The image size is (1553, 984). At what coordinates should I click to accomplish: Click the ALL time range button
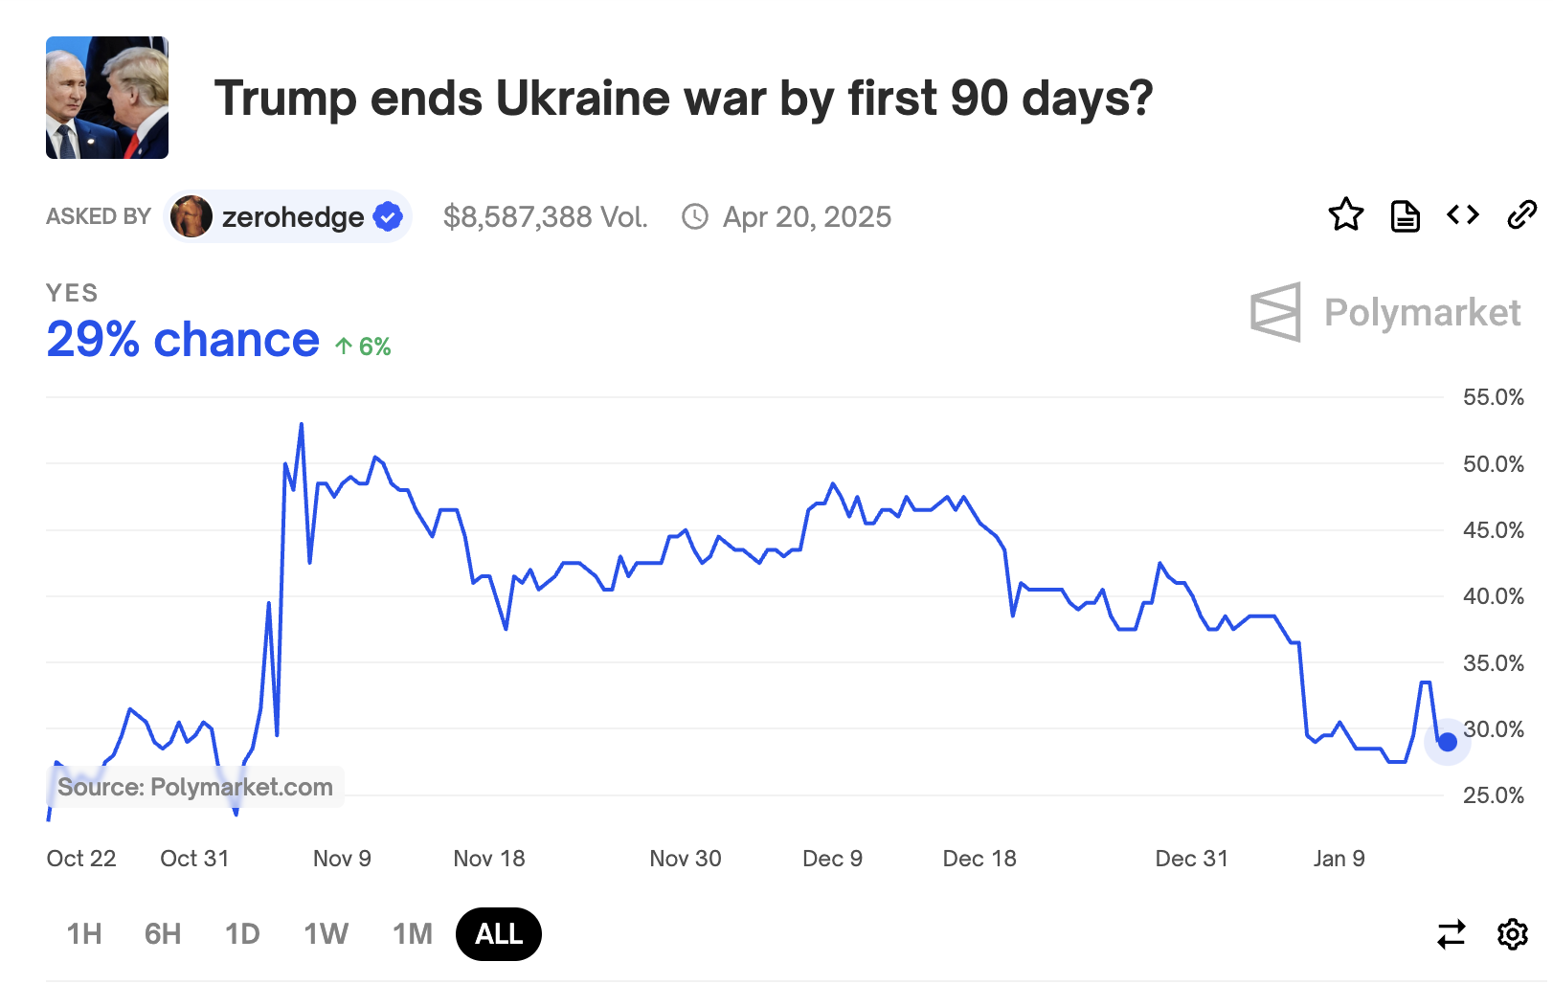point(499,933)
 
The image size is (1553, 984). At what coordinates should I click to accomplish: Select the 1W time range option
point(326,933)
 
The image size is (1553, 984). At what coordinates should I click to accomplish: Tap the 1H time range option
point(84,933)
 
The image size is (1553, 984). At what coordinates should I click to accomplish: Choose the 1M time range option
point(413,933)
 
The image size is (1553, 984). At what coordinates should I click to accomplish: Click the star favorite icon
point(1345,215)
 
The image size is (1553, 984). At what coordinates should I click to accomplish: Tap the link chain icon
point(1521,215)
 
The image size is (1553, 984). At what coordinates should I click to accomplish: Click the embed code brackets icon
point(1463,215)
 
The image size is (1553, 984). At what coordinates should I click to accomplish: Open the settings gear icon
point(1513,933)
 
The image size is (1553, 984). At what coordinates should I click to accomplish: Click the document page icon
point(1405,216)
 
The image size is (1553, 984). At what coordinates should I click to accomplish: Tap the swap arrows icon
point(1452,933)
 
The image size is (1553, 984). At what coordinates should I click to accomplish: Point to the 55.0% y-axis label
point(1493,397)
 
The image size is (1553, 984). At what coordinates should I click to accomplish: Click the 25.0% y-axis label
point(1493,795)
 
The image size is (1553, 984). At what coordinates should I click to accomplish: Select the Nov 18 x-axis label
point(489,859)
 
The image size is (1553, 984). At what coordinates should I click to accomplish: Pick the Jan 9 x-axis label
point(1339,859)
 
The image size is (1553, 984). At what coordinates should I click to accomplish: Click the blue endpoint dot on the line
point(1448,742)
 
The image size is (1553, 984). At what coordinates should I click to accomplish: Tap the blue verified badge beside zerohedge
point(388,217)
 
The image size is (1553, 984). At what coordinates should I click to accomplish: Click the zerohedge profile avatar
point(191,217)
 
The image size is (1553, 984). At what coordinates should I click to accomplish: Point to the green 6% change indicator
point(364,347)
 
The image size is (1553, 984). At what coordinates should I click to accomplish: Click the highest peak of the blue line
point(302,424)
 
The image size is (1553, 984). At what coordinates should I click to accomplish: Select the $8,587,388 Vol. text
point(546,217)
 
